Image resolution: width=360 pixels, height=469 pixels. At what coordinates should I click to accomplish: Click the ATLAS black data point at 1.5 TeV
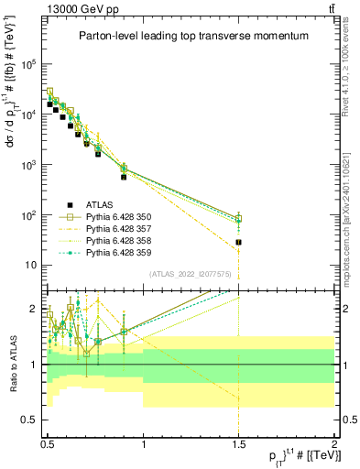238,242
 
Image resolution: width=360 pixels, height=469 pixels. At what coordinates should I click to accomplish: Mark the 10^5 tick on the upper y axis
34,65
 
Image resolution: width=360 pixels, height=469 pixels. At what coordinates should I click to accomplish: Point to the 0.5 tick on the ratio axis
32,420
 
